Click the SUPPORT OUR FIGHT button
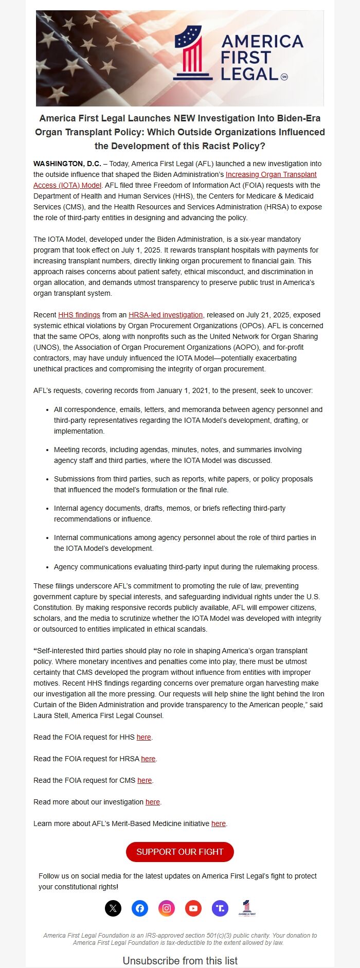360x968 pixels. point(179,852)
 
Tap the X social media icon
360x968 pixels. point(113,908)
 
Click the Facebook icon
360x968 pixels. point(140,908)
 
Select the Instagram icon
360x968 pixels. point(167,908)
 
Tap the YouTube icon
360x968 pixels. point(193,908)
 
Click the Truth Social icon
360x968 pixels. point(220,908)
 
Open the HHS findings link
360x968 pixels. point(79,315)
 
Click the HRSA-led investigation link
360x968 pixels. point(166,315)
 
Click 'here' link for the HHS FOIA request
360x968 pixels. point(144,737)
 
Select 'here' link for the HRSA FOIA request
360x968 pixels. point(148,759)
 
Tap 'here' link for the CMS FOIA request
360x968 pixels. point(145,780)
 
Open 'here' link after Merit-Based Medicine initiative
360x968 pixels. point(219,823)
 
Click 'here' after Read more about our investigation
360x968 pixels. point(153,802)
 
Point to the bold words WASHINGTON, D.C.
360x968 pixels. point(67,164)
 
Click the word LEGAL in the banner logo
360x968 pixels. point(249,74)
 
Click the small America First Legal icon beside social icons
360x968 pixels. point(247,908)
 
